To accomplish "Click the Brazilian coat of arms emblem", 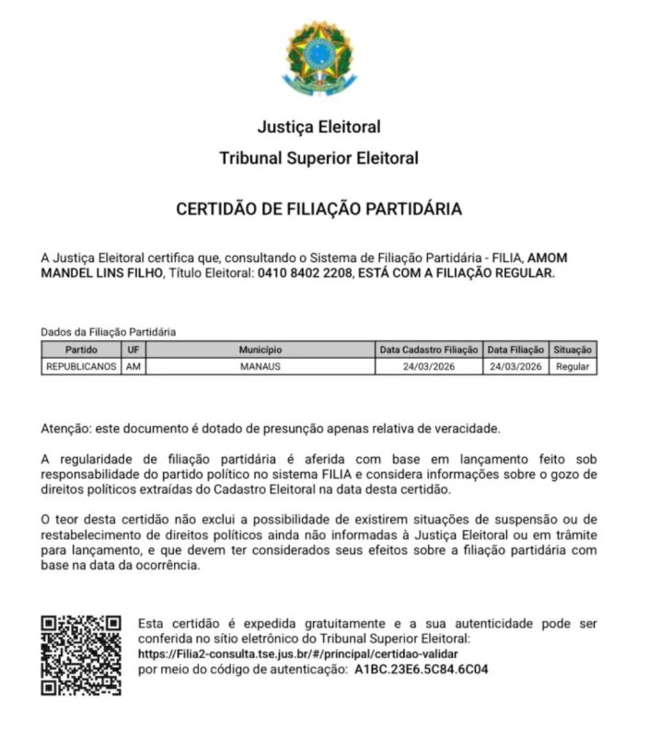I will click(x=318, y=58).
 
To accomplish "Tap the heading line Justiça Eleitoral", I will click(x=318, y=126).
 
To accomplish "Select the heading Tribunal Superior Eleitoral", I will click(x=318, y=158).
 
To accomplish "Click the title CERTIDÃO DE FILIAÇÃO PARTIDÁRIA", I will click(x=318, y=209).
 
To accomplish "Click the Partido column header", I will click(x=81, y=350).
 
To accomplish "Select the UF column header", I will click(x=133, y=350).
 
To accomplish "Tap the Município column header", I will click(x=260, y=350).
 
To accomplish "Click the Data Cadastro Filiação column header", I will click(x=429, y=350).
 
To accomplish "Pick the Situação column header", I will click(x=573, y=350).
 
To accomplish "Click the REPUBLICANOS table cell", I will click(x=81, y=366).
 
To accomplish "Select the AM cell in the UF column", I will click(x=133, y=366).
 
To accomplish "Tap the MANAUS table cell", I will click(x=260, y=366).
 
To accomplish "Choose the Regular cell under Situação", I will click(x=573, y=366).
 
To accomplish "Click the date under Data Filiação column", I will click(x=515, y=366).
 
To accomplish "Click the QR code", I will click(x=81, y=655).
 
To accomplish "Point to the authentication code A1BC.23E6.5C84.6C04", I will click(x=421, y=669).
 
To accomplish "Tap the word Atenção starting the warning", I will click(x=64, y=429).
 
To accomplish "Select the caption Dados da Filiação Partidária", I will click(x=108, y=331).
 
